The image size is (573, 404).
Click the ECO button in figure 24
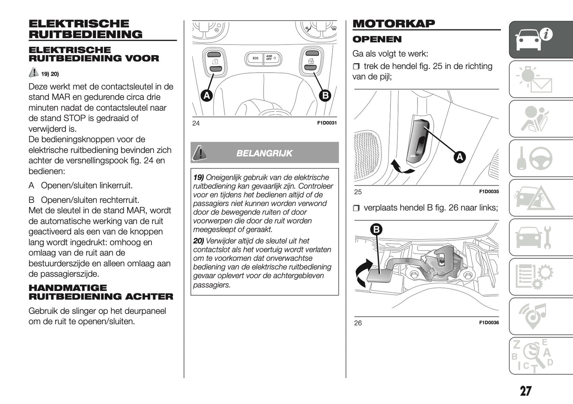coord(255,58)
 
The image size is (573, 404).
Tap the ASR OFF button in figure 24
coord(271,58)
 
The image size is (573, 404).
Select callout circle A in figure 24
coord(206,95)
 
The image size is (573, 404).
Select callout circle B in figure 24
coord(325,95)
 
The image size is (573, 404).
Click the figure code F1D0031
coord(327,123)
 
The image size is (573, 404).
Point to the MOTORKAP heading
coord(393,23)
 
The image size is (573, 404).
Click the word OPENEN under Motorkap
coord(377,39)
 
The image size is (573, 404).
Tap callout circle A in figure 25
coord(459,157)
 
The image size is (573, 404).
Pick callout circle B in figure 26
coord(376,229)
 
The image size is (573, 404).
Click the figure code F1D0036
coord(489,323)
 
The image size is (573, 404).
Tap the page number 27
coord(525,391)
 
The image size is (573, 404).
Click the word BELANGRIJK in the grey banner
coord(264,153)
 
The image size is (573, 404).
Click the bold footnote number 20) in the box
coord(198,241)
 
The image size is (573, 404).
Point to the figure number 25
coord(358,192)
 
